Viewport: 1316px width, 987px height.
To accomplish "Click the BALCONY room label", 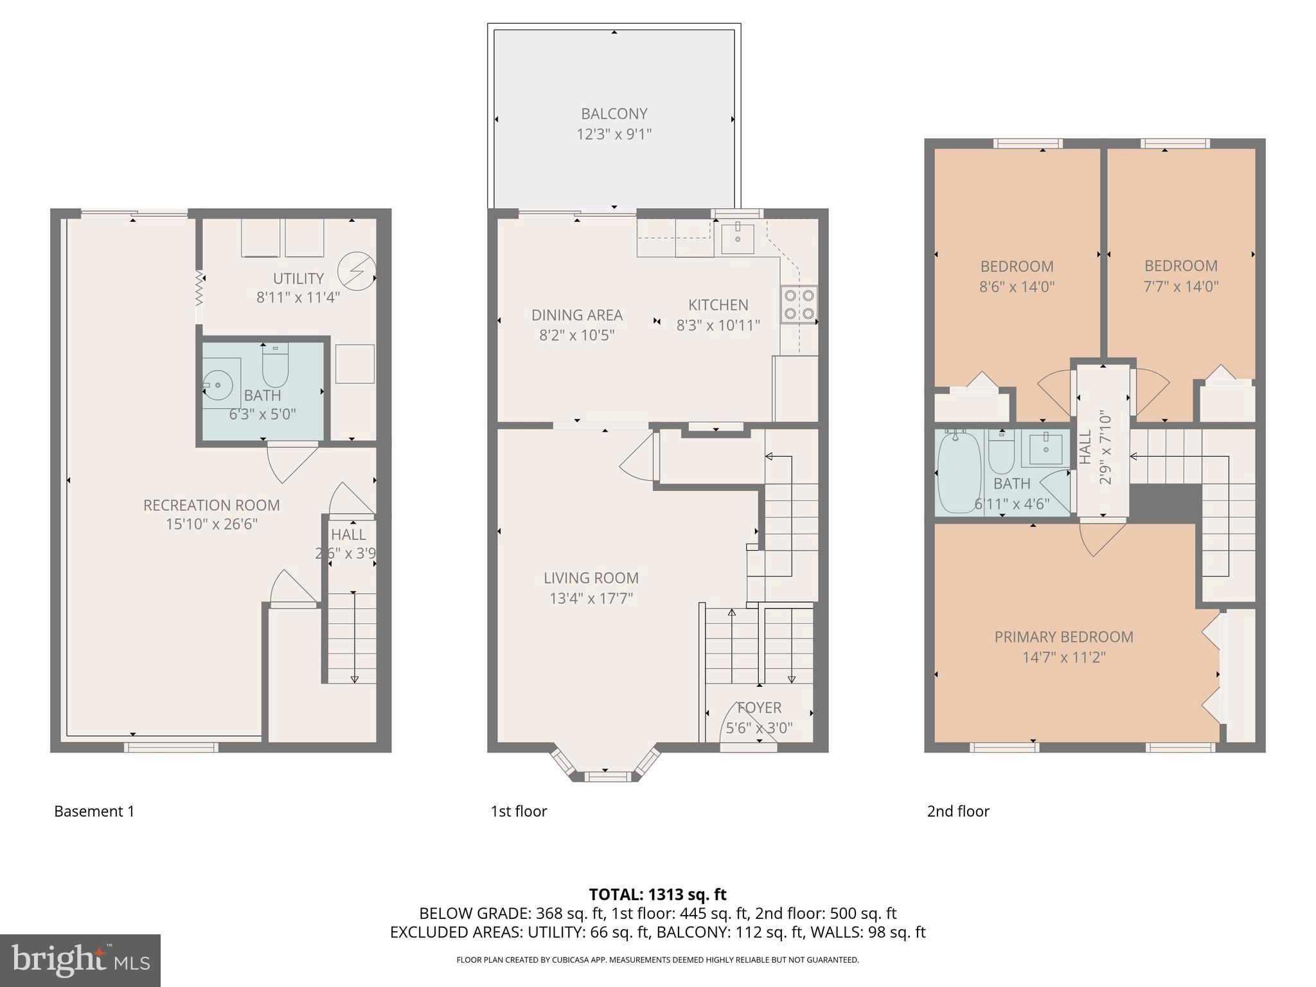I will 614,114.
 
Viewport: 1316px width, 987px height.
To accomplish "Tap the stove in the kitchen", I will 799,305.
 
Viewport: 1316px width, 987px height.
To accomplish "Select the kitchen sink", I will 737,238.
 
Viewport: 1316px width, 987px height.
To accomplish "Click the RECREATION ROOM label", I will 211,505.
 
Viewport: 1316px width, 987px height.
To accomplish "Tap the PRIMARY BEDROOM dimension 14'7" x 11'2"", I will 1063,657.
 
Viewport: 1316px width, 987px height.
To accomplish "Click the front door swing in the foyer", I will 745,723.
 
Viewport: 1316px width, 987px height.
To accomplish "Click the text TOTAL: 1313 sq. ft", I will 657,894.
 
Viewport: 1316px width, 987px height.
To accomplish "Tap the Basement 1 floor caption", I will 94,811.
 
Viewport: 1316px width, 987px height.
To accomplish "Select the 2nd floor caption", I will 957,811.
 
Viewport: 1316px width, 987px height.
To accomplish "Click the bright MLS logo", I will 80,961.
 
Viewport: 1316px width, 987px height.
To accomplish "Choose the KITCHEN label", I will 718,305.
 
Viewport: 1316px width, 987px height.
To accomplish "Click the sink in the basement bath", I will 218,386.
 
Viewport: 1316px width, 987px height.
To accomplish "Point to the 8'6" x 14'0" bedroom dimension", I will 1017,287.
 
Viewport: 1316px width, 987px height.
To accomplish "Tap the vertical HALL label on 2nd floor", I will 1085,448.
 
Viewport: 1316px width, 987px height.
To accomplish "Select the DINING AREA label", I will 576,315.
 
